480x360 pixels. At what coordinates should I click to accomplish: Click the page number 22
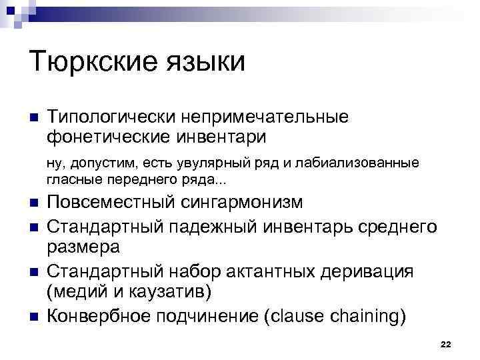[446, 343]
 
